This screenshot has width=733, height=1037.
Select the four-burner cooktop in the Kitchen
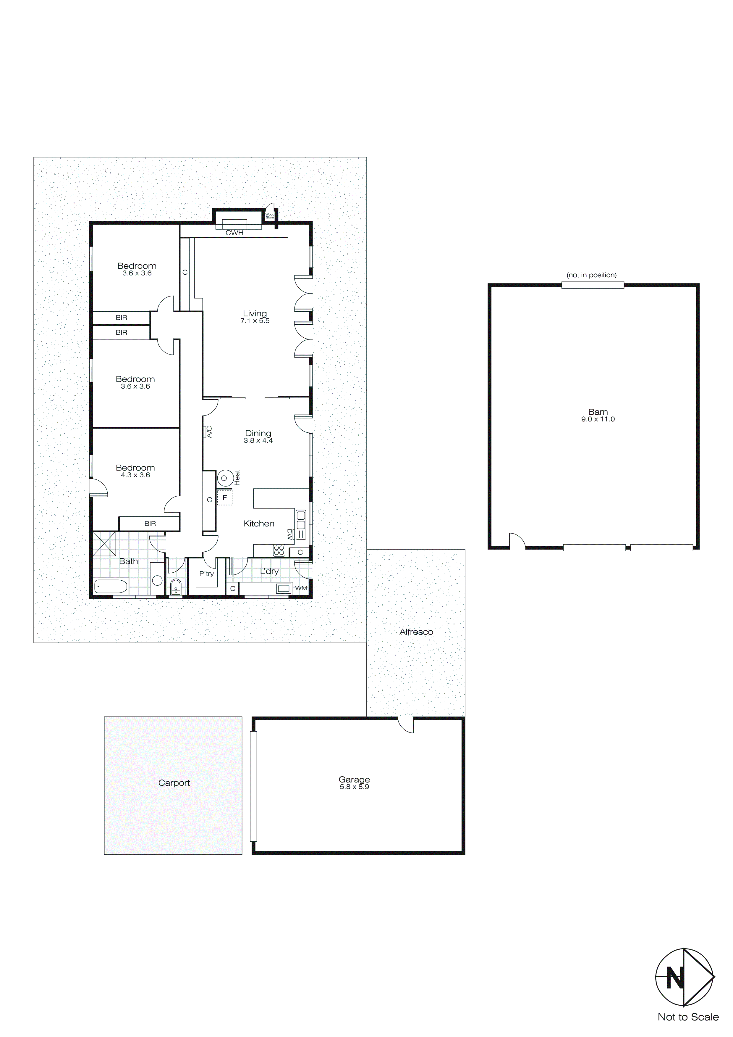coord(279,550)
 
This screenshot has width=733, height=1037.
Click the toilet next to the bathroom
coord(176,587)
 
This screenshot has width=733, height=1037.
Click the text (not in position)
coord(591,275)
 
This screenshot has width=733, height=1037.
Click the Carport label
coord(174,783)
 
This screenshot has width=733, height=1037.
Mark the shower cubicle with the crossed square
coord(104,543)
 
